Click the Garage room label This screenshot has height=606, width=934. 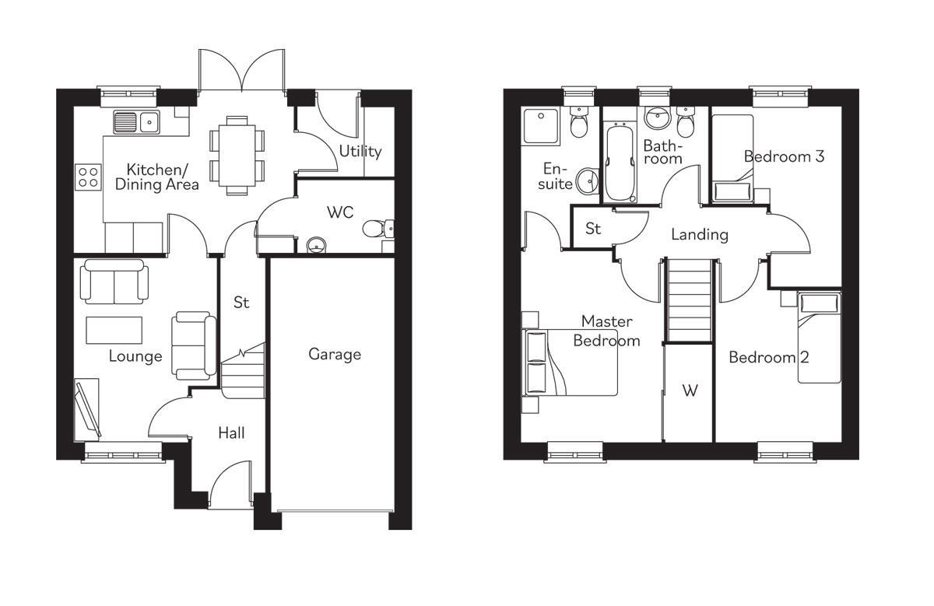click(x=335, y=355)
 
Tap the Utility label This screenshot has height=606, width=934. click(x=360, y=151)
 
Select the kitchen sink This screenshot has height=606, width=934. click(x=135, y=121)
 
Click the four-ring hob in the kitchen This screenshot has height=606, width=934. click(x=88, y=177)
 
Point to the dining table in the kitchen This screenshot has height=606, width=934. click(x=234, y=155)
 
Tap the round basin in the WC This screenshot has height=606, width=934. click(x=316, y=245)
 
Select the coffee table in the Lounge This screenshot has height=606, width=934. click(x=114, y=330)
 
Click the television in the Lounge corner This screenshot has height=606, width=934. click(x=88, y=408)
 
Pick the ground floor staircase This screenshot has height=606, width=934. click(x=243, y=371)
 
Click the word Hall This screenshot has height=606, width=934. click(x=231, y=433)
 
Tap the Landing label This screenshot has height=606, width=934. click(x=700, y=234)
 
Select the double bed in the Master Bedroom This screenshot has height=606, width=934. click(x=572, y=363)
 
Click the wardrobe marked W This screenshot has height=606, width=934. click(x=690, y=391)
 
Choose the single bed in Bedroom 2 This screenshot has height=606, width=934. click(x=820, y=338)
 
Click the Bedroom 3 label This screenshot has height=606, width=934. click(x=784, y=156)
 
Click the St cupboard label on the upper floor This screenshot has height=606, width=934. click(x=594, y=229)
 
